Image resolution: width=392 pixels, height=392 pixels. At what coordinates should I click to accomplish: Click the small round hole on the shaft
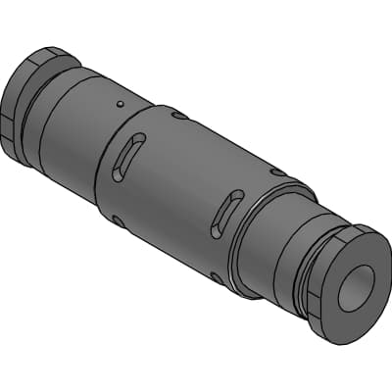pyautogui.click(x=119, y=103)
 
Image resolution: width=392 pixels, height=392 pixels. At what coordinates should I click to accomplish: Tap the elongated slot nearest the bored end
pyautogui.click(x=228, y=213)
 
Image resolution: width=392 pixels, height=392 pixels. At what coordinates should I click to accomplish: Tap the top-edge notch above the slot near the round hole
pyautogui.click(x=176, y=118)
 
